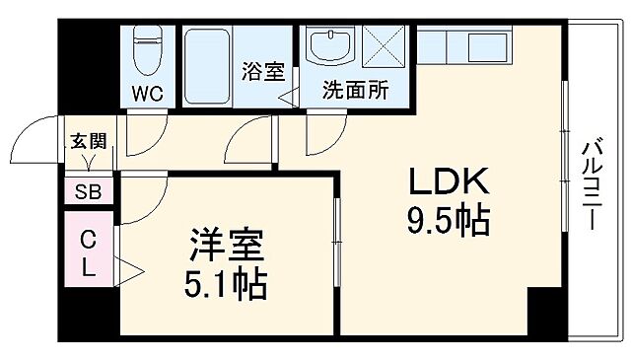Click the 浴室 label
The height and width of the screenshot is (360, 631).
pyautogui.click(x=262, y=72)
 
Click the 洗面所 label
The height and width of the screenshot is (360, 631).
pyautogui.click(x=354, y=91)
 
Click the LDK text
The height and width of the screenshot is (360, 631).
pyautogui.click(x=448, y=182)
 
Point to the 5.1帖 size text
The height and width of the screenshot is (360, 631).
pyautogui.click(x=225, y=284)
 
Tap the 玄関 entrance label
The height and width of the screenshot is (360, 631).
pyautogui.click(x=87, y=140)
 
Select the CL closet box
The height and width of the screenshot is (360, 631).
pyautogui.click(x=89, y=253)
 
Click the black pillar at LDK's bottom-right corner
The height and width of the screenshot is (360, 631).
pyautogui.click(x=545, y=314)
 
